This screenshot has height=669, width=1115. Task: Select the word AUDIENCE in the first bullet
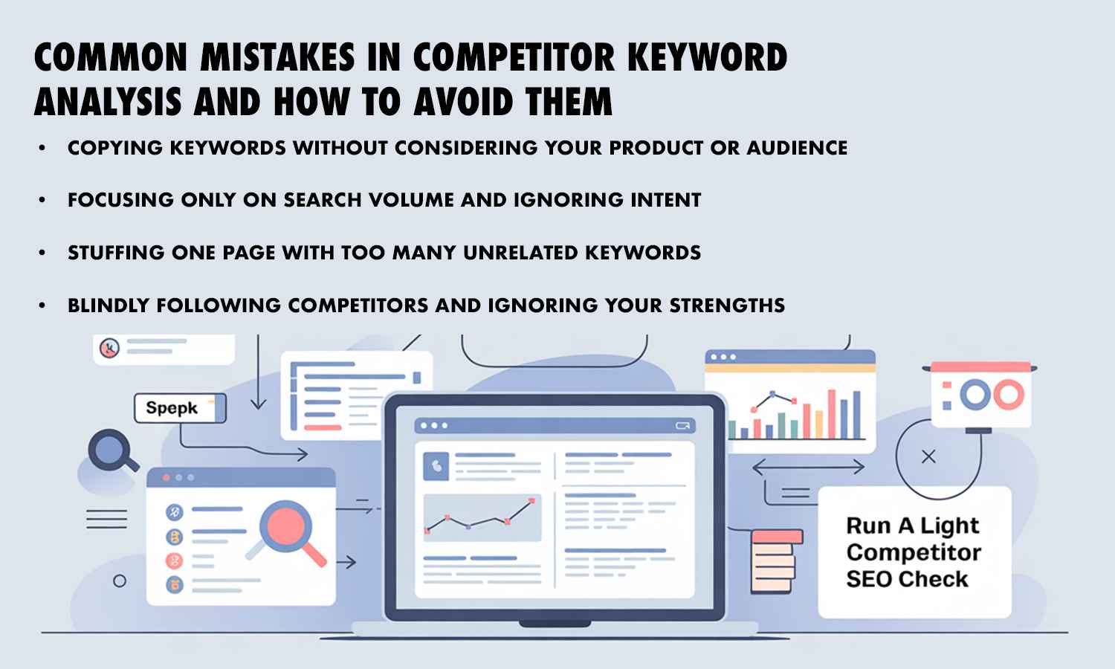coord(797,148)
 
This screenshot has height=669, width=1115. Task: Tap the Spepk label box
coord(179,408)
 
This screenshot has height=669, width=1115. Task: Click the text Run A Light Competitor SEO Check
coord(914,552)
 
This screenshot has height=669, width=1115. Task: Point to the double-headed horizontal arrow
coord(808,468)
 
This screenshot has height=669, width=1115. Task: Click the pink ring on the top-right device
coord(1009,395)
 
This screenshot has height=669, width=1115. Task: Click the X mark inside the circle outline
coord(928,457)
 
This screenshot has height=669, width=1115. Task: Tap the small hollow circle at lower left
coord(119,581)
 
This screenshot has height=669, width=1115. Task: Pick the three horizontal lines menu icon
coord(106,519)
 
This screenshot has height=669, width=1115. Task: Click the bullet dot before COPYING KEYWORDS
coord(42,149)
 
